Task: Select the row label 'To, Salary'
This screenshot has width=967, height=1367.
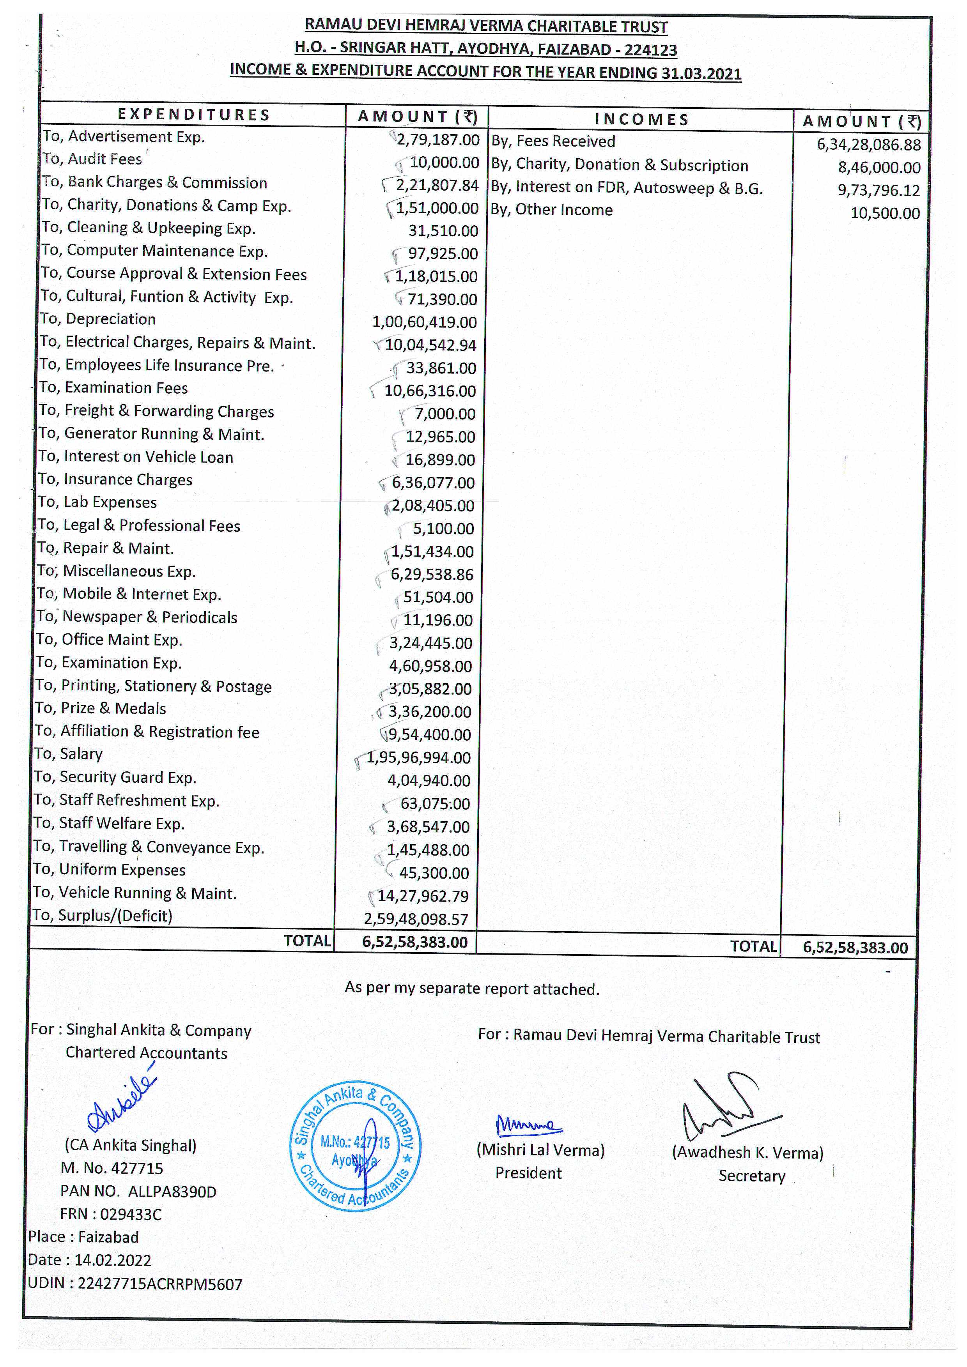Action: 69,754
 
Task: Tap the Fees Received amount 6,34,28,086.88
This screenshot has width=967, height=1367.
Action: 868,145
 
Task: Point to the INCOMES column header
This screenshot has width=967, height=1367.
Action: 641,120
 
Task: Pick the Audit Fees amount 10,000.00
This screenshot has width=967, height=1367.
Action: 444,163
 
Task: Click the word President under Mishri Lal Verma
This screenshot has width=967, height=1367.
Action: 528,1173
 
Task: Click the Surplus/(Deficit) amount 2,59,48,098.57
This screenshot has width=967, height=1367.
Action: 416,919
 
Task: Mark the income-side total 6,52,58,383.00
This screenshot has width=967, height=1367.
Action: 855,947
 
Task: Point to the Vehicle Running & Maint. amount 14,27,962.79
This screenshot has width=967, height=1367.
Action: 423,896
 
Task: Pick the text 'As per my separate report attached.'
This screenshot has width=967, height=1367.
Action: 471,989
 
